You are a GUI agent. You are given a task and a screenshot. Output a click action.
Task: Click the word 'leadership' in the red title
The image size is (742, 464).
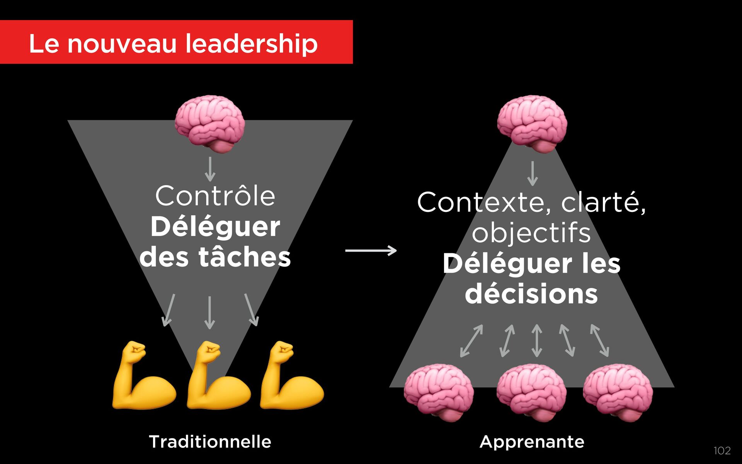pyautogui.click(x=251, y=43)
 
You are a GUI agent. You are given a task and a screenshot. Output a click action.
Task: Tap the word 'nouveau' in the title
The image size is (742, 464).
pyautogui.click(x=122, y=43)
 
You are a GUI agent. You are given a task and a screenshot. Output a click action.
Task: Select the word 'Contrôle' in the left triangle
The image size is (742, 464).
pyautogui.click(x=215, y=196)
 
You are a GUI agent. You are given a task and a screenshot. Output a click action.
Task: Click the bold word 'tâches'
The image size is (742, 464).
pyautogui.click(x=245, y=257)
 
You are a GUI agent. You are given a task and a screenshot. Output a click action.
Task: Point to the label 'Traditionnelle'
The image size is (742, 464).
pyautogui.click(x=210, y=442)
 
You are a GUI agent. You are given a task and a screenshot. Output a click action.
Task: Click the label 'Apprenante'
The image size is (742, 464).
pyautogui.click(x=532, y=442)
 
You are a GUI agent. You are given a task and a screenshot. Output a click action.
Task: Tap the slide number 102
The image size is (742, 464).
pyautogui.click(x=722, y=450)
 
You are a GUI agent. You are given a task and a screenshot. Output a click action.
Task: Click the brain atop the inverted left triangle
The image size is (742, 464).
pyautogui.click(x=210, y=124)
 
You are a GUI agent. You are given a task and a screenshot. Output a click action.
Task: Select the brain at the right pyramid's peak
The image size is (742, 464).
pyautogui.click(x=532, y=124)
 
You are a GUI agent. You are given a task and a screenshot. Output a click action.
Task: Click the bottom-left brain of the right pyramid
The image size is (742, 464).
pyautogui.click(x=439, y=392)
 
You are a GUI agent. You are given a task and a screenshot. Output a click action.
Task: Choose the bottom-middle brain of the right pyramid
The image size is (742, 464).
pyautogui.click(x=532, y=392)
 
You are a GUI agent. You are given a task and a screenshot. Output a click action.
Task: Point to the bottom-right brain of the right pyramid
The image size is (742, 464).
pyautogui.click(x=618, y=392)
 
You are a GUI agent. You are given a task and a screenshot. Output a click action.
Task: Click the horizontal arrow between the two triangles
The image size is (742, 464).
pyautogui.click(x=371, y=251)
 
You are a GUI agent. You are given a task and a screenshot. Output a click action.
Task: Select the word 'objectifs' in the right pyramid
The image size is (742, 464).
pyautogui.click(x=531, y=233)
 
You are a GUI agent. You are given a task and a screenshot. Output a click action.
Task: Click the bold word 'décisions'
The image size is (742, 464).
pyautogui.click(x=531, y=294)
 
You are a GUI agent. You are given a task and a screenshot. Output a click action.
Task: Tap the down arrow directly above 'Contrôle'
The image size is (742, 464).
pyautogui.click(x=210, y=169)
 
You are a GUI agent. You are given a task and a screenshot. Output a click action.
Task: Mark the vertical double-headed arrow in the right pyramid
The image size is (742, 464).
pyautogui.click(x=536, y=340)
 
